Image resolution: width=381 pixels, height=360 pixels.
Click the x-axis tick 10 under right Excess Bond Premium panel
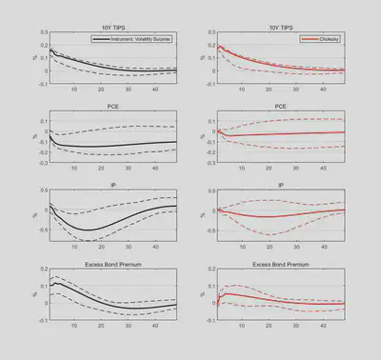[242, 326]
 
